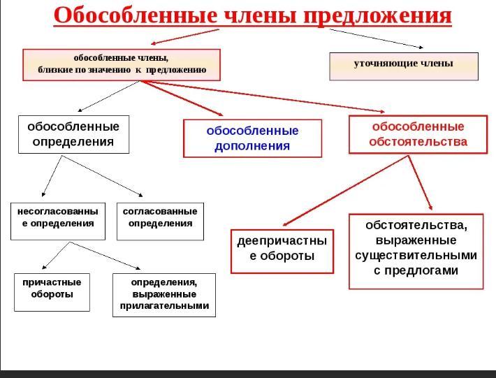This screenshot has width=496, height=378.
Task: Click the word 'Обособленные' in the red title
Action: click(136, 15)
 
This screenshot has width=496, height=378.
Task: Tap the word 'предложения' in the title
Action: click(377, 16)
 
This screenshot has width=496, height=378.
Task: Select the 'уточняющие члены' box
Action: click(404, 66)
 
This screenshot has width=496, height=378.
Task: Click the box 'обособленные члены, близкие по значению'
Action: click(122, 64)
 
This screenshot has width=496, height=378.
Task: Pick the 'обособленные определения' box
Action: click(74, 134)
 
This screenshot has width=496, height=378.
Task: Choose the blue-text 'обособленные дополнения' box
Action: click(252, 138)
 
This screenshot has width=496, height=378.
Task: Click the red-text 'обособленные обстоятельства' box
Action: click(418, 134)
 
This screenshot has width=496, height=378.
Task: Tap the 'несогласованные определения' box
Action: click(58, 221)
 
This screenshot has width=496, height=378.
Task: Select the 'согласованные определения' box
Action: click(160, 221)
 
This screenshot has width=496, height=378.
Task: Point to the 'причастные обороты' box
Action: click(52, 292)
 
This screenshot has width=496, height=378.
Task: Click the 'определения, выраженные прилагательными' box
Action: click(164, 295)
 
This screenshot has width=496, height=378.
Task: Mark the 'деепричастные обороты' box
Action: click(282, 252)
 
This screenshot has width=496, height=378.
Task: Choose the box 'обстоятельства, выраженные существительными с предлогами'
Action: click(416, 252)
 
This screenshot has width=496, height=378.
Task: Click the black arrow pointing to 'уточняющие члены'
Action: click(376, 38)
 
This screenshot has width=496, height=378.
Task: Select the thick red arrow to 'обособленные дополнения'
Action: click(182, 99)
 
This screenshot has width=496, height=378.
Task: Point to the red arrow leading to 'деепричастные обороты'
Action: click(345, 191)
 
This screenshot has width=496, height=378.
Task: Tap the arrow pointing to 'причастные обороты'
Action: click(56, 256)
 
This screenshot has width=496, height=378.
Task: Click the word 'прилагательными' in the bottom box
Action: click(164, 306)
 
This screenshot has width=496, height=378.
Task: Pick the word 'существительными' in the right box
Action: click(416, 255)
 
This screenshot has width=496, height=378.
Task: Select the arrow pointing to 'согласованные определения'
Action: click(102, 176)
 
